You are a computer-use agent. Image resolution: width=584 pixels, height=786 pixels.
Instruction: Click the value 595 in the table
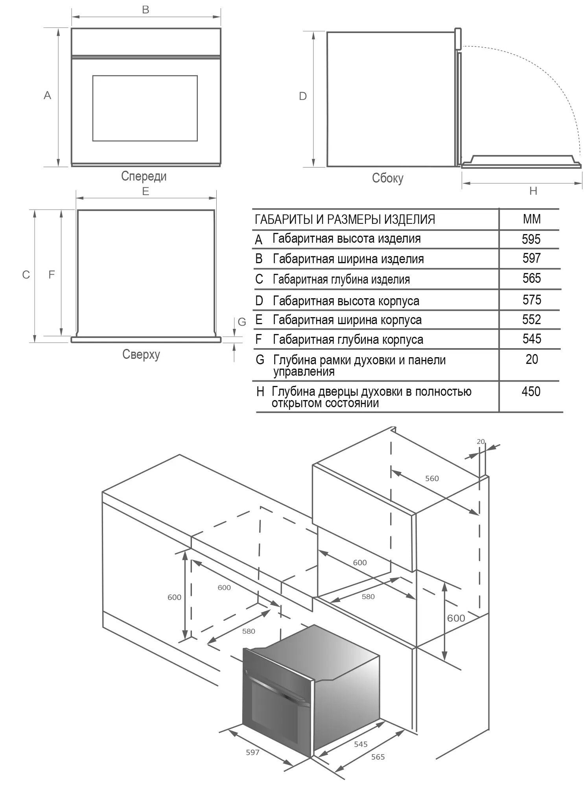(x=531, y=239)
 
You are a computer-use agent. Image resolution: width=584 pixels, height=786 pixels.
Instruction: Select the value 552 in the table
(x=531, y=319)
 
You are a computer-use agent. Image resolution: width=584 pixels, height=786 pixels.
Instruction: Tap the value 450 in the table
(x=531, y=391)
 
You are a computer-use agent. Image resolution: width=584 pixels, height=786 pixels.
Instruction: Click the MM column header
(x=532, y=219)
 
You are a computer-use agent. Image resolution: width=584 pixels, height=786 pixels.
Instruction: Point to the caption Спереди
(x=144, y=176)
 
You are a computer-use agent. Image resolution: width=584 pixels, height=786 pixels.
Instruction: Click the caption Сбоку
(x=387, y=178)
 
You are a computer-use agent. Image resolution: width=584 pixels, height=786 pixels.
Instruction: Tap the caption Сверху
(x=141, y=354)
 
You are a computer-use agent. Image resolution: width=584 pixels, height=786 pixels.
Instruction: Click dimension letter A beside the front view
(x=47, y=95)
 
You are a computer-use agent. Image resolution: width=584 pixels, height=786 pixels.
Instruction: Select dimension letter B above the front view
(x=146, y=9)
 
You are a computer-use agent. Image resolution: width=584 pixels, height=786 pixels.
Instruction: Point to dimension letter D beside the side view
(x=302, y=96)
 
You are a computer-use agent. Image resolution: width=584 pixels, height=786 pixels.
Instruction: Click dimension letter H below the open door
(x=533, y=191)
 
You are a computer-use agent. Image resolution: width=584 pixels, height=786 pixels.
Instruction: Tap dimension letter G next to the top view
(x=242, y=322)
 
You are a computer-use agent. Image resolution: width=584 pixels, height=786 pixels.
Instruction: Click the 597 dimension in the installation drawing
(x=252, y=752)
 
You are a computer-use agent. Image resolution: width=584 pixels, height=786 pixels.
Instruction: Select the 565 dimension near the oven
(x=378, y=756)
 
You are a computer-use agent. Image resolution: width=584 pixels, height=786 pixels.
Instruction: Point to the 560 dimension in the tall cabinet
(x=432, y=478)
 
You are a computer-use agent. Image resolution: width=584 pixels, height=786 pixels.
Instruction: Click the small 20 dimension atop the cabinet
(x=481, y=441)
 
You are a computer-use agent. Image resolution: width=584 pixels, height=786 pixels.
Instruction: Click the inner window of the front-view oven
(x=145, y=108)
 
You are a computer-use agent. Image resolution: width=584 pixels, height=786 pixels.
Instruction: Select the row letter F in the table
(x=258, y=339)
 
